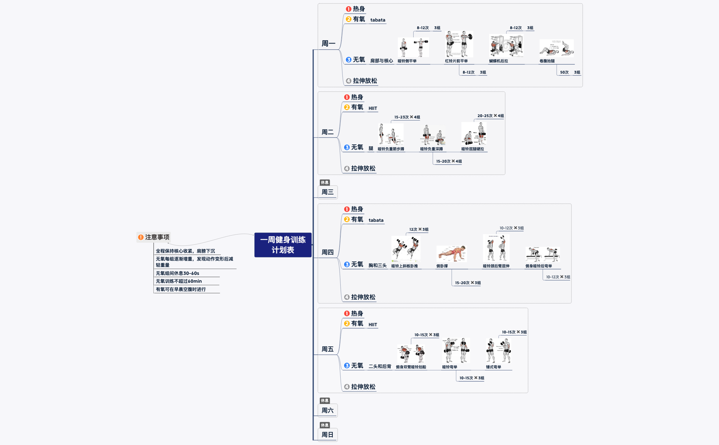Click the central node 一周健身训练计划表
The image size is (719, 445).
coord(283,245)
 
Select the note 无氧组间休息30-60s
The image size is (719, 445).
coord(177,273)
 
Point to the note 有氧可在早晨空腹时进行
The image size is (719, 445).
coord(181,289)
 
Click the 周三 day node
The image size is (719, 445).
coord(327,192)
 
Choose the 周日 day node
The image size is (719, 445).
coord(327,435)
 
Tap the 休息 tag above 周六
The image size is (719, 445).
coord(325,400)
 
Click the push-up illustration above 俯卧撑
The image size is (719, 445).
coord(452,254)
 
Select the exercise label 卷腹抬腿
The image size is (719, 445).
coord(547,61)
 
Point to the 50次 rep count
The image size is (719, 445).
coord(564,72)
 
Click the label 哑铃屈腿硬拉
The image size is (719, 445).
coord(472,149)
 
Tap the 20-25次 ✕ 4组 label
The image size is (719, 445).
coord(490,116)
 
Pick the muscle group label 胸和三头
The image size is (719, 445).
coord(377,265)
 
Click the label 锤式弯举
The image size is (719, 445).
coord(493,367)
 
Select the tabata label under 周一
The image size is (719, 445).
coord(378,20)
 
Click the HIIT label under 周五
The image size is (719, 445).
coord(373,325)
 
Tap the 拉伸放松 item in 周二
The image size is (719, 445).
coord(363,168)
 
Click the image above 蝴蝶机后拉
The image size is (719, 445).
coord(506,46)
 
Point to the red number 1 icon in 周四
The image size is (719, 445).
coord(347,209)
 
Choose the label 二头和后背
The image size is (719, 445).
coord(380,366)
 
